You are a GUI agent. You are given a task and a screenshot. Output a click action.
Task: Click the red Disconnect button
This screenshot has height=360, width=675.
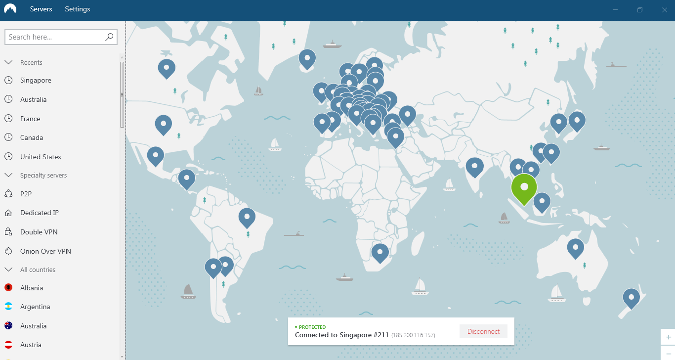483,331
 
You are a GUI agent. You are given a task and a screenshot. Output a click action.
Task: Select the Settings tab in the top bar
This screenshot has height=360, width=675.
78,9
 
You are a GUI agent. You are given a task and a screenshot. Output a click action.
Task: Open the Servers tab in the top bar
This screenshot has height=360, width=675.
41,9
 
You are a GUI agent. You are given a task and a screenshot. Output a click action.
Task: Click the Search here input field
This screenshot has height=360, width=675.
54,37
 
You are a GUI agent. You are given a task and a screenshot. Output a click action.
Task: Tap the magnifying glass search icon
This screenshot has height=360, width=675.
109,37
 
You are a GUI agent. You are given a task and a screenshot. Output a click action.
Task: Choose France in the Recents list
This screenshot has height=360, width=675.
30,119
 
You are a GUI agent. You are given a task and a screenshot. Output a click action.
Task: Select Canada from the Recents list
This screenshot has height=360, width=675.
32,137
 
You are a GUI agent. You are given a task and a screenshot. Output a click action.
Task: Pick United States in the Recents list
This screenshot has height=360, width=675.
41,157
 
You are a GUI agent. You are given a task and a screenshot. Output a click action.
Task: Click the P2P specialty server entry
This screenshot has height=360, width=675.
26,194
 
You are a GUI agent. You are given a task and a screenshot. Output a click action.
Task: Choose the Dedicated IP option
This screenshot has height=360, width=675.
40,213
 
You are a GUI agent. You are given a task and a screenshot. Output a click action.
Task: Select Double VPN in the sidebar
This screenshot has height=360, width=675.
39,232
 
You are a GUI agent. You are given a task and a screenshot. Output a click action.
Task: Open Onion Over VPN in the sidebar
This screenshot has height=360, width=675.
45,251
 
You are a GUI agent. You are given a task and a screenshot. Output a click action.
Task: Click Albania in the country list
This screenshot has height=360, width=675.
32,288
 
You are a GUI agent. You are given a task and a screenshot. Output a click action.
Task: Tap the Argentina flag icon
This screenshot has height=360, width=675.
8,307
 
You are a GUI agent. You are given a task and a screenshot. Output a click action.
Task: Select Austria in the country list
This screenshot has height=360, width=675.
31,345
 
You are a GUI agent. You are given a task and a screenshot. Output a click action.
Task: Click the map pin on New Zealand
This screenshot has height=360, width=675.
631,297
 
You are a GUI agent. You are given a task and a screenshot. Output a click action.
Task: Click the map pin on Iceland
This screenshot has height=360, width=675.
307,58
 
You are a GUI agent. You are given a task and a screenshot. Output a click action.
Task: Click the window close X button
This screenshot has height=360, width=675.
664,10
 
